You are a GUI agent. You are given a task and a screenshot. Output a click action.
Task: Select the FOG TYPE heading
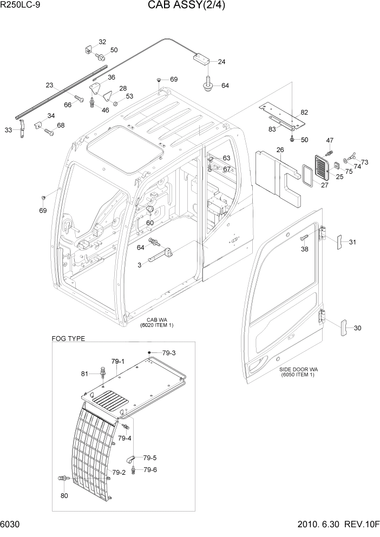(x=68, y=338)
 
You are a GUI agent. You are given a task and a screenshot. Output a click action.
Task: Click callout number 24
(x=221, y=62)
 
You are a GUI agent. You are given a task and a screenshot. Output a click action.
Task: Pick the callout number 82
(x=304, y=113)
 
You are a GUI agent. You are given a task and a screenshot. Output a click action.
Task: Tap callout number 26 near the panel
(x=280, y=150)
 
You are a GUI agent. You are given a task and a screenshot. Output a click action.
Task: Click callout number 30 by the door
(x=357, y=328)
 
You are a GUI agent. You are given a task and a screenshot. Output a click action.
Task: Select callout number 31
(x=352, y=241)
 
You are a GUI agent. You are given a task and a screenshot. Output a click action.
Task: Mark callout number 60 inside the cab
(x=149, y=222)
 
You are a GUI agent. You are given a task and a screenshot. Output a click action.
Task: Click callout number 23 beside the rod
(x=50, y=85)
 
